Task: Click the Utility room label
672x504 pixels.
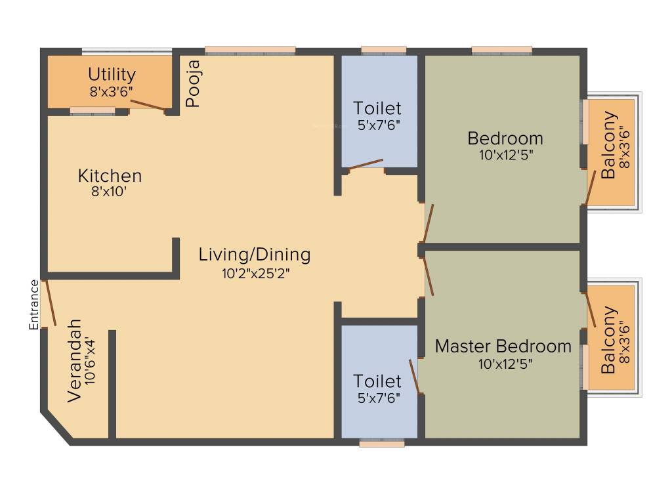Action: (112, 74)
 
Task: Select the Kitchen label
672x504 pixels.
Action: (110, 176)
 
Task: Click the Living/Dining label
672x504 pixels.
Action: (255, 254)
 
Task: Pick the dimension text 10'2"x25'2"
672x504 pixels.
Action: (255, 272)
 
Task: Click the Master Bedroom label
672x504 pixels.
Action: (503, 346)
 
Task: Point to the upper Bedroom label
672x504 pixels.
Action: (505, 138)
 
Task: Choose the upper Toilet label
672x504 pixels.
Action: (377, 108)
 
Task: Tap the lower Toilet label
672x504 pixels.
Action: (377, 381)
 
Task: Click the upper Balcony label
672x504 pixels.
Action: (610, 145)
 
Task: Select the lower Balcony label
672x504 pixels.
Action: (610, 339)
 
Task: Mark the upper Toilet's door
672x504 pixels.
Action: (366, 164)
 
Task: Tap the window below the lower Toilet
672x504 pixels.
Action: (381, 444)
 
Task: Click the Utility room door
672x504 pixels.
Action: (148, 105)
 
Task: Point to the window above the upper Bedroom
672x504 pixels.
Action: (501, 50)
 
